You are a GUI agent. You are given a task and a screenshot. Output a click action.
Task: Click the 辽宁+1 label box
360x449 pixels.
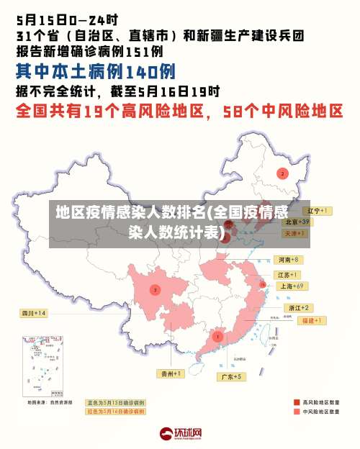(317, 211)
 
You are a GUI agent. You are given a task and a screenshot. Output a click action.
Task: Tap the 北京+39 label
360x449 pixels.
(297, 222)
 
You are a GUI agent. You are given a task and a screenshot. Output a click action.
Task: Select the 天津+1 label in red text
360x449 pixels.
(294, 234)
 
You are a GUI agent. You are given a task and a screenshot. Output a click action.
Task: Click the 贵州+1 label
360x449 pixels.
(171, 373)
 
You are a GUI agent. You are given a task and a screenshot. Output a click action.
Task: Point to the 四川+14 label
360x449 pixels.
(33, 313)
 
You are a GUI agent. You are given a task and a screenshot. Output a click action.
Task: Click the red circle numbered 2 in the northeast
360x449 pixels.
(282, 173)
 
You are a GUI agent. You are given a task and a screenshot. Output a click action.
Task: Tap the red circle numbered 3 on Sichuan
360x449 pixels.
(154, 289)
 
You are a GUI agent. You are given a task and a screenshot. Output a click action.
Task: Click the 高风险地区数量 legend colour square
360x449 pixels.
(297, 402)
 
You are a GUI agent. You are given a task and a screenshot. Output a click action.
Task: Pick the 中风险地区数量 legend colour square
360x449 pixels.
(297, 412)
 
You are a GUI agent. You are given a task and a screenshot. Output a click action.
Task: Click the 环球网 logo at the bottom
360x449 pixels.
(181, 433)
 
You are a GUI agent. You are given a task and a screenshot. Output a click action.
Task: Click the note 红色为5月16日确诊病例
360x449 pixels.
(116, 411)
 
